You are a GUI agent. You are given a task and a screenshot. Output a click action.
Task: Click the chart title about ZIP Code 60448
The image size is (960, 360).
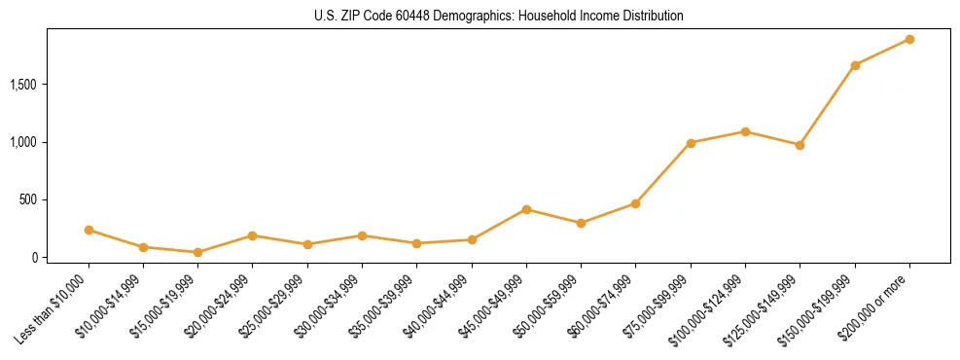(499, 17)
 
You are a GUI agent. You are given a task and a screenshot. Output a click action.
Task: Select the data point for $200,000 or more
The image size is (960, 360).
(909, 39)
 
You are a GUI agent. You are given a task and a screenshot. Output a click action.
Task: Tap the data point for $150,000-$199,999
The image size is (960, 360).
(855, 65)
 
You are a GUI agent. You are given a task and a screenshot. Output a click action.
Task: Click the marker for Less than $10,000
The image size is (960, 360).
(89, 230)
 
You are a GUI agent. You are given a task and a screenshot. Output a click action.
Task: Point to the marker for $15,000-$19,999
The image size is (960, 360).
(197, 252)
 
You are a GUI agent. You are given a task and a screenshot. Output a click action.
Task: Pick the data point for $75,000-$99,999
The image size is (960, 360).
(691, 143)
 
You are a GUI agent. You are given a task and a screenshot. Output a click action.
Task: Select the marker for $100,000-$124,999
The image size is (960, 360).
(745, 131)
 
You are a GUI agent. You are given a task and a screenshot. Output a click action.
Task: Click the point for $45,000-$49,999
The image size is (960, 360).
(526, 209)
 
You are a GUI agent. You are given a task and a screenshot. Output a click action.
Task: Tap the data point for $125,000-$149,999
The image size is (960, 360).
(800, 145)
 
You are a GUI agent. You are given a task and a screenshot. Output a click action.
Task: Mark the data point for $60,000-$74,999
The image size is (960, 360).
(635, 203)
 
